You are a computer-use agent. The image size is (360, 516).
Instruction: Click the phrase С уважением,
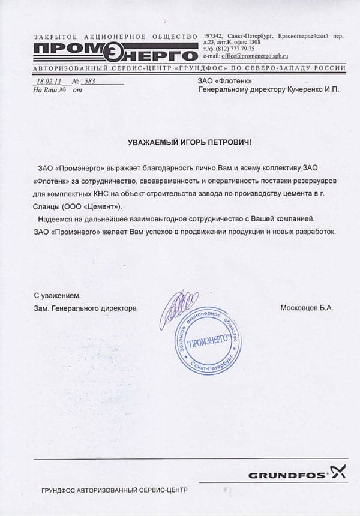pos(56,296)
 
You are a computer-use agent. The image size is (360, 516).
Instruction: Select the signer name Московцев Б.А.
pos(307,308)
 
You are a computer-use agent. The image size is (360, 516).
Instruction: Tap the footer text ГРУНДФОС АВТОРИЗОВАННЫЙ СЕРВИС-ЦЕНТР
pos(115,490)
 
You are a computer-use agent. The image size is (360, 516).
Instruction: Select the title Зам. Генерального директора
pos(85,308)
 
